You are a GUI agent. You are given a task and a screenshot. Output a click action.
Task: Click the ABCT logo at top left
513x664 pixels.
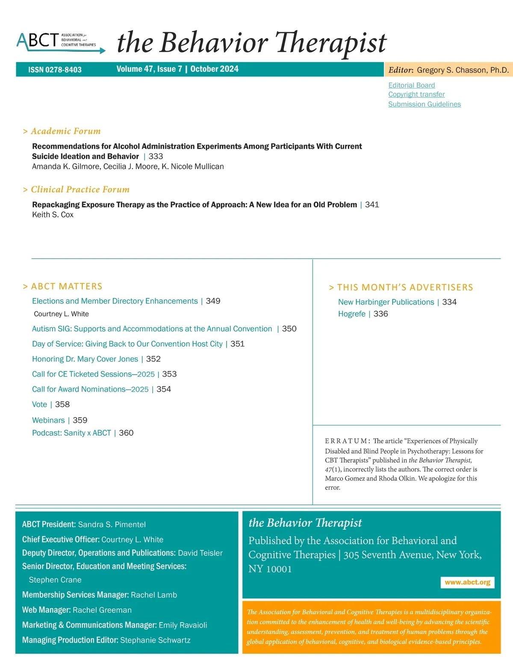pos(60,42)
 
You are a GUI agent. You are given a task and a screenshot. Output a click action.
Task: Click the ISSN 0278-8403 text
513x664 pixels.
pos(55,70)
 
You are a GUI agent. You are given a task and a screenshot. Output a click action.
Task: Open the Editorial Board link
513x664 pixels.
pos(411,85)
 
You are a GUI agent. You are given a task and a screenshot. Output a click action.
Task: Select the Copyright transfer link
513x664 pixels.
pos(416,94)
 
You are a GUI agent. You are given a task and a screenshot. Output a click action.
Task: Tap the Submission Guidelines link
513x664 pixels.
pos(424,104)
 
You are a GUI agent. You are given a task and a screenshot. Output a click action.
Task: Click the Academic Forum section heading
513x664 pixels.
pos(65,131)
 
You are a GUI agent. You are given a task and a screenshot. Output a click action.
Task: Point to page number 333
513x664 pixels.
pos(156,156)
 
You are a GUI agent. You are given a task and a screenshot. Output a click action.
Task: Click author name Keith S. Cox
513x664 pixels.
pos(53,215)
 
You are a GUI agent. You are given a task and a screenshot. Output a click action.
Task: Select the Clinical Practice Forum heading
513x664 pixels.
pos(80,189)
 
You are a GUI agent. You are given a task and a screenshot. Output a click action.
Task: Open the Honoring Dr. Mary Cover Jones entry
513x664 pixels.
pos(85,359)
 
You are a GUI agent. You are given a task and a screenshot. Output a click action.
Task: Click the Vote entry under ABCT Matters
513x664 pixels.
pos(39,404)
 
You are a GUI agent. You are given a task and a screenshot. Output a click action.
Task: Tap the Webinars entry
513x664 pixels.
pos(48,420)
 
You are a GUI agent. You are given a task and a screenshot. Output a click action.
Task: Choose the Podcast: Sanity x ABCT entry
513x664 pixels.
pos(71,433)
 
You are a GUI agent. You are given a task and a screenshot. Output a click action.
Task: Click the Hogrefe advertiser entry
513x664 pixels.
pos(351,314)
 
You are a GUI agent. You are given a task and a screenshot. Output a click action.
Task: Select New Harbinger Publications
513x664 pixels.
pos(386,302)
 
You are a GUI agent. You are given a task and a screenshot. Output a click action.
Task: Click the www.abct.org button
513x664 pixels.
pos(467,582)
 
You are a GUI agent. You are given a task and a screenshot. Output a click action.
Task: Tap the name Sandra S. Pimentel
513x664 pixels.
pos(112,525)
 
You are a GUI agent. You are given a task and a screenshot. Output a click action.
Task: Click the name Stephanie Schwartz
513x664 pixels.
pos(155,640)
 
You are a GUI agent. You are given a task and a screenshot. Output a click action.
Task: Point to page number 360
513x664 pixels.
pos(126,433)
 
